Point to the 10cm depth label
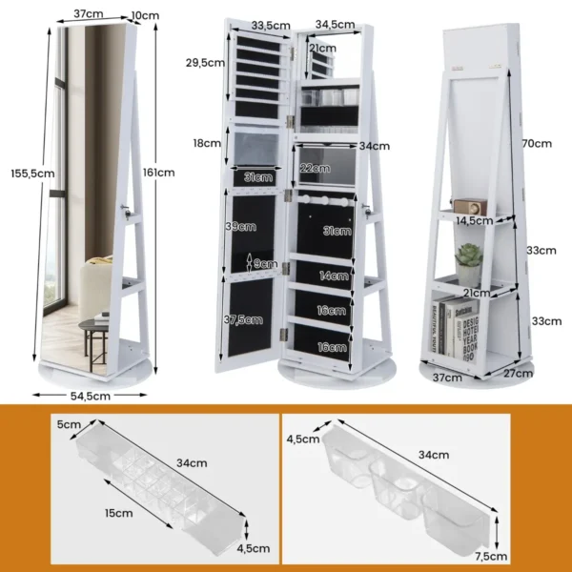pos(146,15)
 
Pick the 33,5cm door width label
pos(271,24)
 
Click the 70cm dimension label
pos(538,144)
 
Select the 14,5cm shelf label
pos(475,220)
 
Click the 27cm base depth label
pos(518,373)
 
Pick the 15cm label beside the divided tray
pos(118,512)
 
